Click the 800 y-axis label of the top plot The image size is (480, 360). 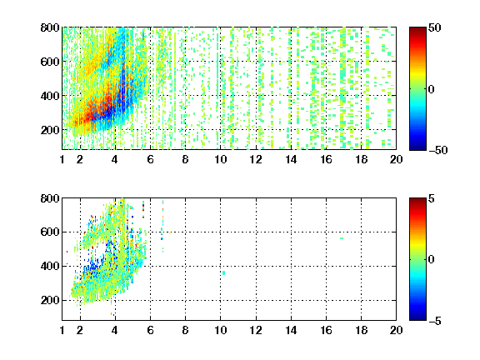[x=50, y=27]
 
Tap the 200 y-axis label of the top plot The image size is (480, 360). [x=50, y=130]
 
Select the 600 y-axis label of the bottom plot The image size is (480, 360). [x=50, y=232]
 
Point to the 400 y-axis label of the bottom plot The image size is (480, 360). [x=50, y=266]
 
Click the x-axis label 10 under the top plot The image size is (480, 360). [x=220, y=159]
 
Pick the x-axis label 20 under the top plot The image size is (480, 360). [x=396, y=159]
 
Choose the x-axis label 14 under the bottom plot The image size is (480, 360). [x=291, y=330]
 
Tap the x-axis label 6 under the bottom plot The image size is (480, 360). [x=150, y=330]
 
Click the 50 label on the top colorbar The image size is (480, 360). [x=434, y=27]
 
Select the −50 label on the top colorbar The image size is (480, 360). [x=437, y=150]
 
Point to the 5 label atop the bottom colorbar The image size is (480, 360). [x=432, y=198]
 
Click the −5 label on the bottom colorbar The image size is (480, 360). [x=435, y=321]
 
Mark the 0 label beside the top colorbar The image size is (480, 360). [x=432, y=89]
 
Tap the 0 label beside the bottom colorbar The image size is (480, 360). [x=432, y=260]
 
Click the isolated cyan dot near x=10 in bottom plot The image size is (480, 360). [x=224, y=272]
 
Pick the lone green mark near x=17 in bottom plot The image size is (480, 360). [x=342, y=238]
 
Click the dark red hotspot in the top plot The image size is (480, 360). [x=89, y=116]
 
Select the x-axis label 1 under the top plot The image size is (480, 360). [x=62, y=159]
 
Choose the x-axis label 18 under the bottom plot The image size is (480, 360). [x=361, y=330]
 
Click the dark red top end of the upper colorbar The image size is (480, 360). [x=417, y=29]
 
